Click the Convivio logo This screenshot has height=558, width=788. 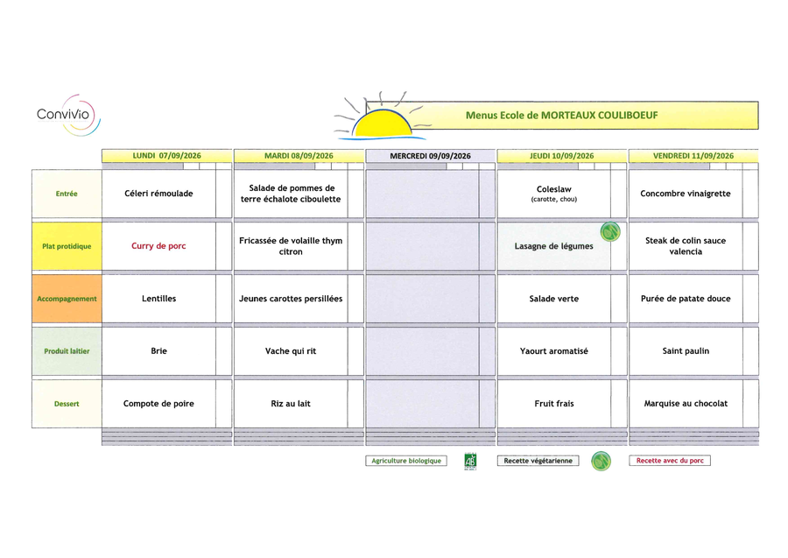[x=68, y=115]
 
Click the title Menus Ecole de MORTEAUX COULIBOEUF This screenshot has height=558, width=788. [x=561, y=115]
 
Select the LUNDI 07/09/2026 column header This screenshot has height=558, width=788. [x=167, y=156]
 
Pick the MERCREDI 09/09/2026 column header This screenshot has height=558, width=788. [x=430, y=156]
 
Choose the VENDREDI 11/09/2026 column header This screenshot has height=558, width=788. [x=693, y=156]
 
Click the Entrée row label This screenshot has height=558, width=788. [x=67, y=194]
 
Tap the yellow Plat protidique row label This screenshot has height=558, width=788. [x=67, y=246]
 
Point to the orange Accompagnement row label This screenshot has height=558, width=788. [x=67, y=299]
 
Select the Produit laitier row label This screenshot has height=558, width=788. [x=67, y=351]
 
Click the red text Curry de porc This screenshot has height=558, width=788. [x=158, y=246]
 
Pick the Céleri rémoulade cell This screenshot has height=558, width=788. [x=158, y=194]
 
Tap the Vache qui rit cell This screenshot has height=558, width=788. [x=291, y=351]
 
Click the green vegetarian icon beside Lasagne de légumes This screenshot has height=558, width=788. [x=610, y=232]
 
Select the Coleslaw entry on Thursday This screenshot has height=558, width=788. [x=554, y=194]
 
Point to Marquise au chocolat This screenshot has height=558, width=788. [x=686, y=403]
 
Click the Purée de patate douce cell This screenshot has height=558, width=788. [x=686, y=299]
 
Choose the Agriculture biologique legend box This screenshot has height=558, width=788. [x=406, y=461]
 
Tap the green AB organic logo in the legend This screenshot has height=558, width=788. [x=470, y=462]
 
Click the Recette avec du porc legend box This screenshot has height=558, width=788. [x=670, y=461]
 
